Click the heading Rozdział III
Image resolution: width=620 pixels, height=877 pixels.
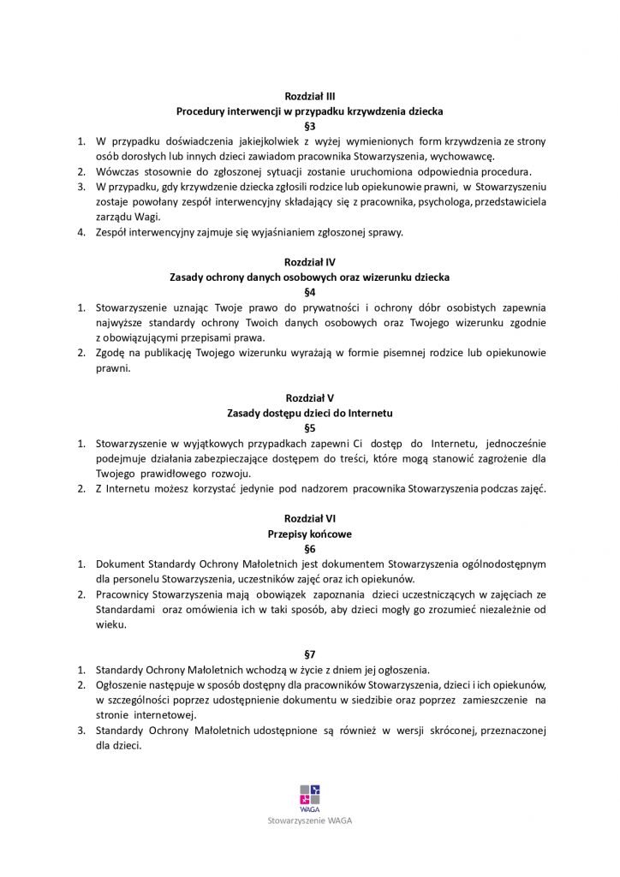coord(309,97)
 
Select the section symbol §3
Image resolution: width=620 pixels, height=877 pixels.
coord(309,126)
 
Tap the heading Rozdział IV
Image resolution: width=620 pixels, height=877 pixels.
coord(309,262)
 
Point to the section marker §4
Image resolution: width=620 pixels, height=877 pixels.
coord(309,291)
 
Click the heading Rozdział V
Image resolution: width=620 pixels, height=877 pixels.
coord(309,397)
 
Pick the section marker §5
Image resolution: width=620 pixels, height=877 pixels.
coord(309,427)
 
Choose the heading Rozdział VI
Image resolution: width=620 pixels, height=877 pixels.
coord(309,519)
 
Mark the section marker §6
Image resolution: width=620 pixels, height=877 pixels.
coord(309,548)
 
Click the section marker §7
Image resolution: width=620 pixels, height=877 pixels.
coord(309,653)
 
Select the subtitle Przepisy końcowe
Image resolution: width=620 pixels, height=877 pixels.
coord(309,534)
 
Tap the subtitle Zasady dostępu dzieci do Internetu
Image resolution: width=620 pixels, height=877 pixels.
coord(309,413)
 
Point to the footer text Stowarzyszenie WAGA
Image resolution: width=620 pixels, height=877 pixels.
coord(309,820)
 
